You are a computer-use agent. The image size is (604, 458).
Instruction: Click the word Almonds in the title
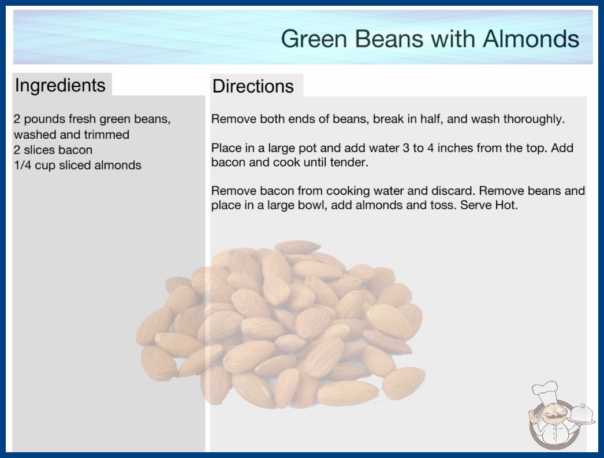531,39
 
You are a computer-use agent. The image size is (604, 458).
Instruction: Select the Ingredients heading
60,86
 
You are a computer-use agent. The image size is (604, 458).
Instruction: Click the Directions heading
253,86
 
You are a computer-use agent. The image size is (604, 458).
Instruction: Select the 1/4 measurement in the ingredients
23,165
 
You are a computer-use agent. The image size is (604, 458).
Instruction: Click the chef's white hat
545,391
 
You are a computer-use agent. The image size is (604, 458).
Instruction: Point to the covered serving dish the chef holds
582,415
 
